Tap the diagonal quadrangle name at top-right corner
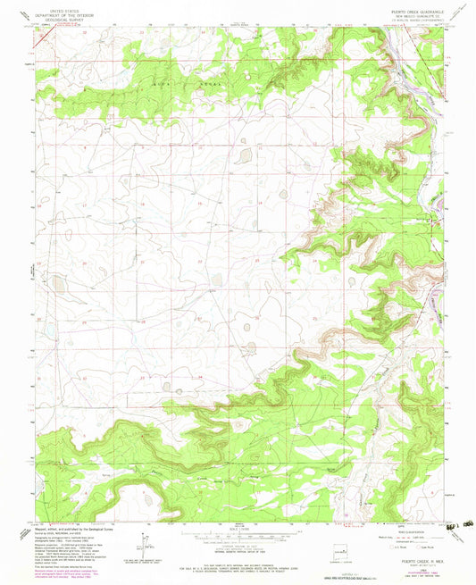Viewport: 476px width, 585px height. (x=459, y=13)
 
